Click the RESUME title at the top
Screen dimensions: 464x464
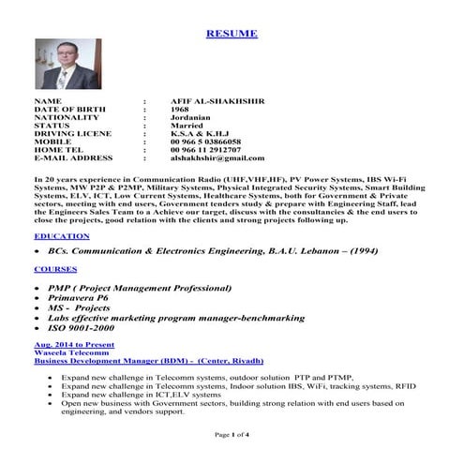coord(231,34)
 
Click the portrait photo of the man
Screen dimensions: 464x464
coord(60,65)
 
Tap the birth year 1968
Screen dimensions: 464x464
coord(180,108)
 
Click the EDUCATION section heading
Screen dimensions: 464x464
coord(62,235)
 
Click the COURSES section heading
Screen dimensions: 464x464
coord(57,269)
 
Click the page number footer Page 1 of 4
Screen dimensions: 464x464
coord(232,435)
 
